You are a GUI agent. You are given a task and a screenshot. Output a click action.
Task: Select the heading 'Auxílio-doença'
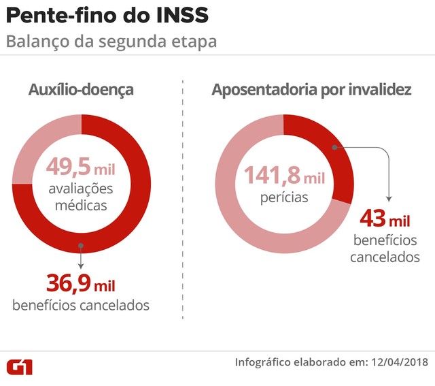tap(81, 90)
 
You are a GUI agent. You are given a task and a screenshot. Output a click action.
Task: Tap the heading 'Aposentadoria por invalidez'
tap(311, 90)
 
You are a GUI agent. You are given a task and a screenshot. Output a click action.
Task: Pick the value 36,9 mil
tap(81, 282)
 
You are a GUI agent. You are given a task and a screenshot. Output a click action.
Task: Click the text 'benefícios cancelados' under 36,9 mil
tap(81, 305)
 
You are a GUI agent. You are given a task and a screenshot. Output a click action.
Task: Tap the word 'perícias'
tap(284, 198)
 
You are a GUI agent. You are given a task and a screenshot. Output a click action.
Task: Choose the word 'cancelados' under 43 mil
tap(385, 257)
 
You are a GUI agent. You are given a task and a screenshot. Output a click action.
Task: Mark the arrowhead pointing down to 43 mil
tap(389, 198)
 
